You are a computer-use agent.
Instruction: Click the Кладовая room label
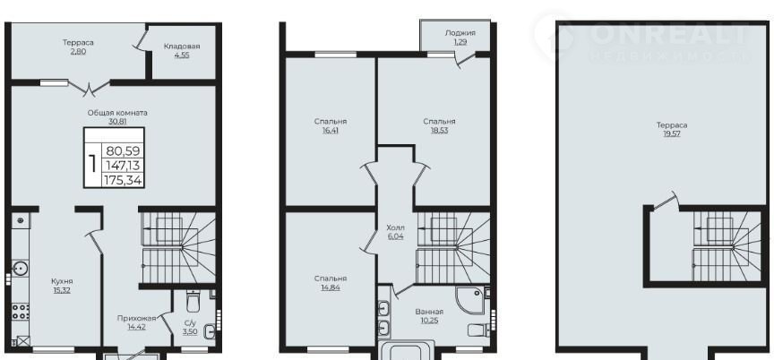click(182, 47)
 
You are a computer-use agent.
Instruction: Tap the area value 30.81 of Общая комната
click(117, 121)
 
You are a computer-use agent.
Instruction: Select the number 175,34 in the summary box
click(123, 181)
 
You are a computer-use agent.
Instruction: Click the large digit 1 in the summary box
click(92, 164)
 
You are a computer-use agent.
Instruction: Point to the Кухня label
click(62, 281)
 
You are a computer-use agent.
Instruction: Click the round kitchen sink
click(21, 269)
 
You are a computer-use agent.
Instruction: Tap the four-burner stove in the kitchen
click(21, 312)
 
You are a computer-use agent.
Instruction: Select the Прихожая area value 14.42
click(136, 327)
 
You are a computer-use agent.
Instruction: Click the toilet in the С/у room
click(193, 301)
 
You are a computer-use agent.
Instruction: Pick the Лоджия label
click(460, 33)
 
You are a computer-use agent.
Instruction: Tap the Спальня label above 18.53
click(439, 121)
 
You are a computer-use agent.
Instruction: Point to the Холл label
click(395, 227)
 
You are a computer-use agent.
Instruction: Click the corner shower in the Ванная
click(470, 301)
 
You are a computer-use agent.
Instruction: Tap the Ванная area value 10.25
click(429, 321)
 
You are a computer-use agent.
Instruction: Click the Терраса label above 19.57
click(672, 125)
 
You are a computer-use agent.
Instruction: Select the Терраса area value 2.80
click(78, 51)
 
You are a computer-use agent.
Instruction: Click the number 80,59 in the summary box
click(123, 151)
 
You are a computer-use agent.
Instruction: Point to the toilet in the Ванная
click(477, 330)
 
